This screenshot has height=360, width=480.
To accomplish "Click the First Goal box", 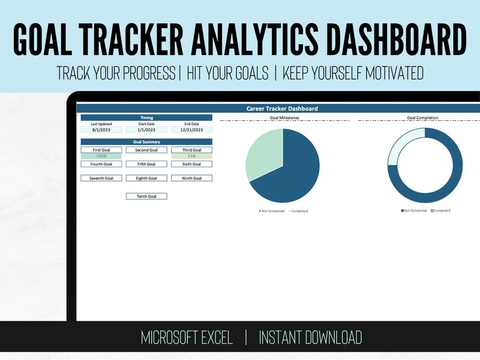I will [101, 150].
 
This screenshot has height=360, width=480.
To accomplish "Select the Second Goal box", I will [146, 150].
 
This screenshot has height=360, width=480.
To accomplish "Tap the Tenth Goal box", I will [146, 196].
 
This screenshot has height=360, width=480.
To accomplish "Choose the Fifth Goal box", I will [146, 164].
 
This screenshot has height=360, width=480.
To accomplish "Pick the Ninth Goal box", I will [192, 178].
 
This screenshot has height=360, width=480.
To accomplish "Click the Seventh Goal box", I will [101, 178].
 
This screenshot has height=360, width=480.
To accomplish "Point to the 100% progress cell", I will [101, 156].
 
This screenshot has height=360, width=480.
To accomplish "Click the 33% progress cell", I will [192, 156].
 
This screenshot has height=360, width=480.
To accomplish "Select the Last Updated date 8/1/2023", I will [101, 130].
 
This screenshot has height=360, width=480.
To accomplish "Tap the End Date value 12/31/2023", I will [192, 130].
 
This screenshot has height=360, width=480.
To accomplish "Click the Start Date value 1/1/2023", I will [146, 130].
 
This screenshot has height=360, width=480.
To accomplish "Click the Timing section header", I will [146, 118].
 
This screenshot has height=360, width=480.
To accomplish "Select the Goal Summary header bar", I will [146, 142].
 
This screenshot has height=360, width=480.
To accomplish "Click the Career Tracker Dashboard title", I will [282, 109].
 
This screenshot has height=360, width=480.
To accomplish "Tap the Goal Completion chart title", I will [423, 118].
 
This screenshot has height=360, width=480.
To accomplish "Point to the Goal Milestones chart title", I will [284, 118].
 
